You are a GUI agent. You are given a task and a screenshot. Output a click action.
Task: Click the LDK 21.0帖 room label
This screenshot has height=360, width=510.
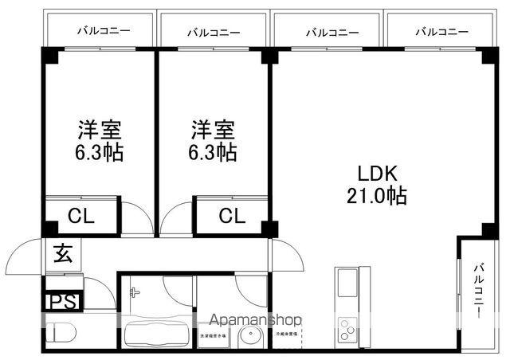(376, 185)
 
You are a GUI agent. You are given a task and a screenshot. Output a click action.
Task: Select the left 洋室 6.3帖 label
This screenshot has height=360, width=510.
(100, 141)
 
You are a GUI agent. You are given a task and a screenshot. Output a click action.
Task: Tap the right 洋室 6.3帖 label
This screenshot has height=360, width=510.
(214, 141)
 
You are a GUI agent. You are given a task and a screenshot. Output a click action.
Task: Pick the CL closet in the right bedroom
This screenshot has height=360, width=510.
(232, 215)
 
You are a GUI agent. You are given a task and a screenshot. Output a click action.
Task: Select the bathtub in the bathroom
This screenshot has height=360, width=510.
(156, 334)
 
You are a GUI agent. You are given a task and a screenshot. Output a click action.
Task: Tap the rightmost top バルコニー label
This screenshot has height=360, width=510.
(441, 32)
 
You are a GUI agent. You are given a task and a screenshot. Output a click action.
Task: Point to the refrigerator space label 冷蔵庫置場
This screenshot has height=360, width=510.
(288, 335)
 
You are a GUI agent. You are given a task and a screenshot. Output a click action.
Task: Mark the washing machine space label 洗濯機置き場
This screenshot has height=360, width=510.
(213, 335)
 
